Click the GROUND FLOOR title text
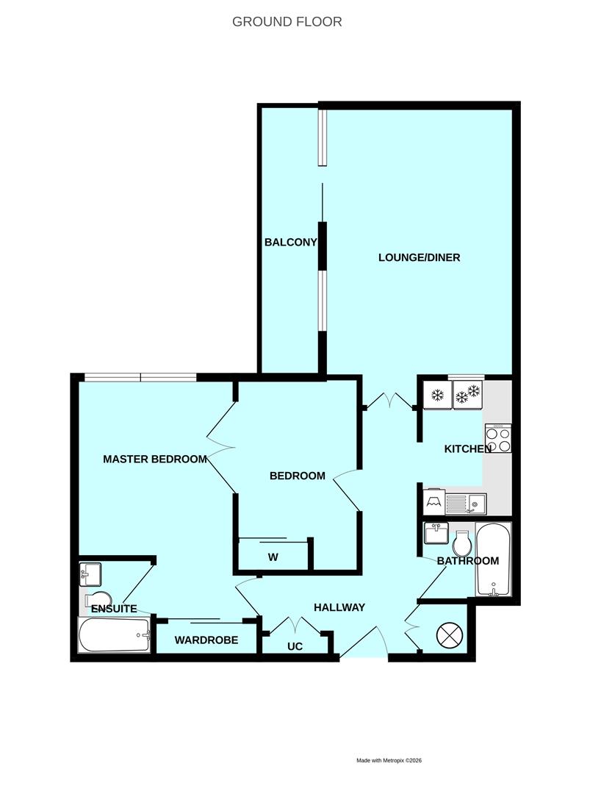pyautogui.click(x=287, y=21)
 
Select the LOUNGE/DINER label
pyautogui.click(x=419, y=257)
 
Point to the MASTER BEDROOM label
pyautogui.click(x=154, y=459)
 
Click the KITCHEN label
pyautogui.click(x=467, y=448)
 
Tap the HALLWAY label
pyautogui.click(x=339, y=607)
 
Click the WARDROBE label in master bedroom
pyautogui.click(x=206, y=640)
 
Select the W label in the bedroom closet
pyautogui.click(x=272, y=557)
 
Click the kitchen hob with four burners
pyautogui.click(x=497, y=439)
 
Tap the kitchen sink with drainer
pyautogui.click(x=465, y=504)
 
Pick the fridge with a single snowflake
pyautogui.click(x=437, y=396)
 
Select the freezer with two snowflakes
pyautogui.click(x=467, y=396)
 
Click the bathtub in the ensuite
pyautogui.click(x=115, y=634)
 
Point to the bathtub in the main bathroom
pyautogui.click(x=492, y=560)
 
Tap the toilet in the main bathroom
pyautogui.click(x=462, y=543)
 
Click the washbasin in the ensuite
pyautogui.click(x=91, y=573)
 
